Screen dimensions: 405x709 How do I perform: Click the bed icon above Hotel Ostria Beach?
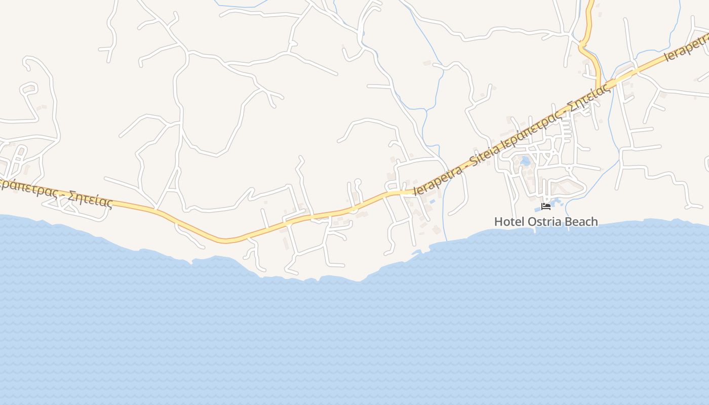click(546, 206)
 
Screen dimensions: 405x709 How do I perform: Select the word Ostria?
click(542, 222)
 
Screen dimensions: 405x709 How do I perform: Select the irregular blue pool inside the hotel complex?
click(525, 161)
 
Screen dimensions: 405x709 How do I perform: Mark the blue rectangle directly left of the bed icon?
click(537, 209)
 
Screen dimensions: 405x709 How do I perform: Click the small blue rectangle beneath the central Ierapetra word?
click(432, 201)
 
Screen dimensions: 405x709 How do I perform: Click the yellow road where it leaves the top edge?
click(590, 2)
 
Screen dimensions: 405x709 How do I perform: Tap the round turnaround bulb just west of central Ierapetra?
click(358, 181)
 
